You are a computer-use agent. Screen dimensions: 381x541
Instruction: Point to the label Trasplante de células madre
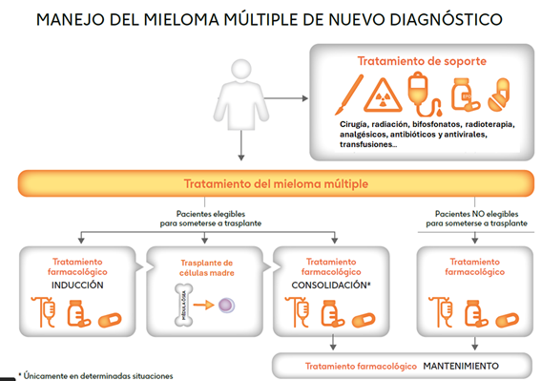[x=206, y=268]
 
